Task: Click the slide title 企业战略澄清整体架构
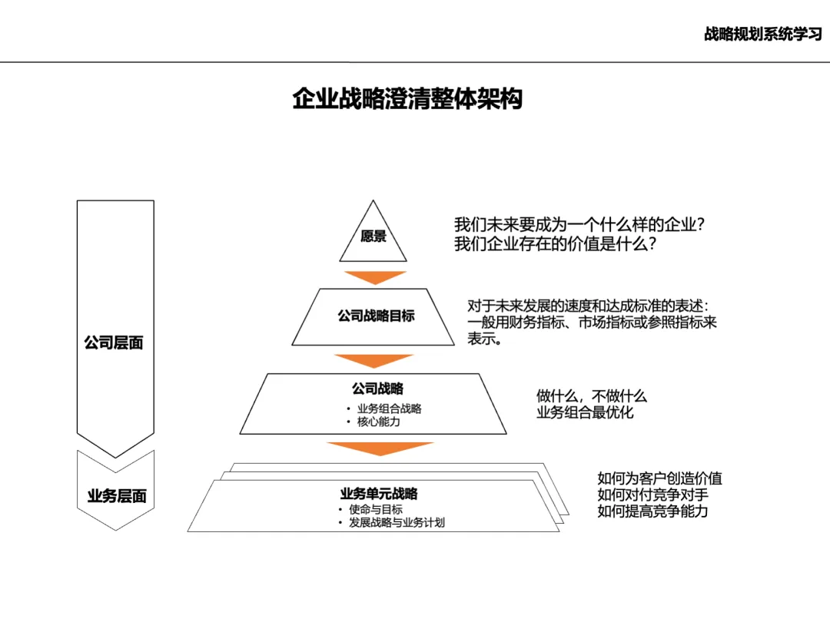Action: point(407,99)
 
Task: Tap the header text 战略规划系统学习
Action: point(762,34)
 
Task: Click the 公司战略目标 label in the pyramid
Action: point(376,316)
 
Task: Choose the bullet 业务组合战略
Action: point(389,409)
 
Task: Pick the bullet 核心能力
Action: point(378,422)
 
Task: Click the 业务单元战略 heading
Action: point(379,494)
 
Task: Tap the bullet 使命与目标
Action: point(375,509)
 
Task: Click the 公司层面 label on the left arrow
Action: point(114,342)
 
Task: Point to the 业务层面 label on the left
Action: point(116,495)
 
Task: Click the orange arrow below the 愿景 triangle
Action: point(375,277)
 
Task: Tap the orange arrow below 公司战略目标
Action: point(375,360)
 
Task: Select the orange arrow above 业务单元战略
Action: point(380,448)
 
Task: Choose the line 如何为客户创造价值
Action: point(659,478)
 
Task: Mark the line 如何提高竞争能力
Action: point(652,511)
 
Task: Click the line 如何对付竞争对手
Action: point(652,495)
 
